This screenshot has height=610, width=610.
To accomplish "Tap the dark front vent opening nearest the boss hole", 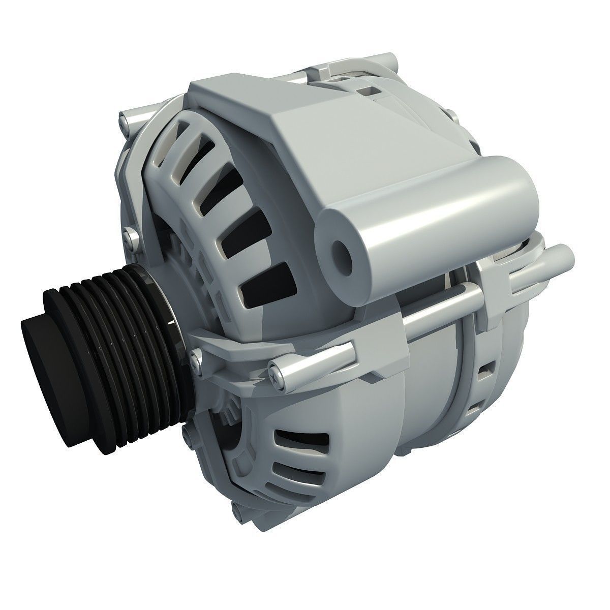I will (264, 285).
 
